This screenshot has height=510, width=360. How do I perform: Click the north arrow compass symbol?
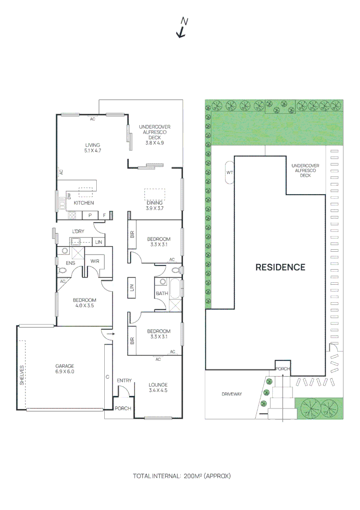[182, 28]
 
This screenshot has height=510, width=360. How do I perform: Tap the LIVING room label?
[92, 148]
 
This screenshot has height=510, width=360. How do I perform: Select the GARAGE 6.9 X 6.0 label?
[64, 369]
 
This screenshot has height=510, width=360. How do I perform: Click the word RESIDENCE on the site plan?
[280, 267]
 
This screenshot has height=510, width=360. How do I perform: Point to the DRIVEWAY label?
[231, 393]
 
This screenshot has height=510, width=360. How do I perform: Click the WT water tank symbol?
[230, 172]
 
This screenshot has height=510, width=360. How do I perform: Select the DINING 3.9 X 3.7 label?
[154, 205]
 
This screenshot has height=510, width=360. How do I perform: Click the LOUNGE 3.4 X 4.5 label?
[158, 387]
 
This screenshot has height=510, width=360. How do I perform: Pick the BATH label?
[162, 294]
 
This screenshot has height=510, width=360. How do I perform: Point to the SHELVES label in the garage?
[22, 375]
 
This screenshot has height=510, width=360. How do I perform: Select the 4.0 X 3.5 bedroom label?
[84, 303]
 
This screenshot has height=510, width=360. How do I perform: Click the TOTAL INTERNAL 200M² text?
[182, 476]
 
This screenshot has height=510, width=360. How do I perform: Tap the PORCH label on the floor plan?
[123, 408]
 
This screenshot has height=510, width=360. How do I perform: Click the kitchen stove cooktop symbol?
[73, 215]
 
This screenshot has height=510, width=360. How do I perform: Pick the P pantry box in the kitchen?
[90, 215]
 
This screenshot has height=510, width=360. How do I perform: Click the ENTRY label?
[124, 380]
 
